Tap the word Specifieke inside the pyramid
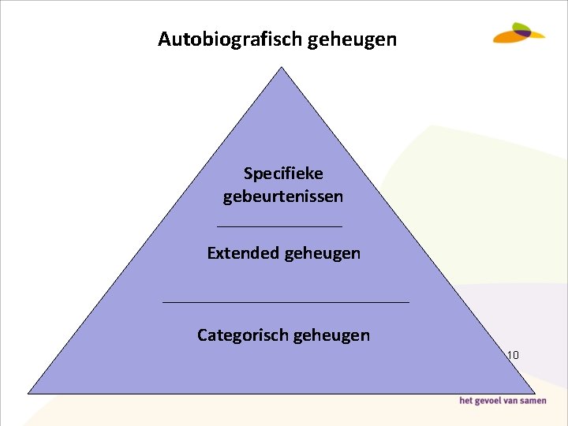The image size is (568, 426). [283, 173]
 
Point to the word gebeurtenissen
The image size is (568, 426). [283, 196]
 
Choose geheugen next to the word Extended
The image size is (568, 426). [322, 253]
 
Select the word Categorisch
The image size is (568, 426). [242, 335]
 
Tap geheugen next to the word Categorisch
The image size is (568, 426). [331, 335]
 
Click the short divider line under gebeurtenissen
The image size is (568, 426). [279, 226]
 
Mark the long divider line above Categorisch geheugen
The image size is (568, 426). [286, 302]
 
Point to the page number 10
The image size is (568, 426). [513, 355]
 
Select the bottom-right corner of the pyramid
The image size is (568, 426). [534, 392]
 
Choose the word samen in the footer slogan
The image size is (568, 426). [534, 402]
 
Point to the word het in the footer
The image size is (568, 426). [467, 402]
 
